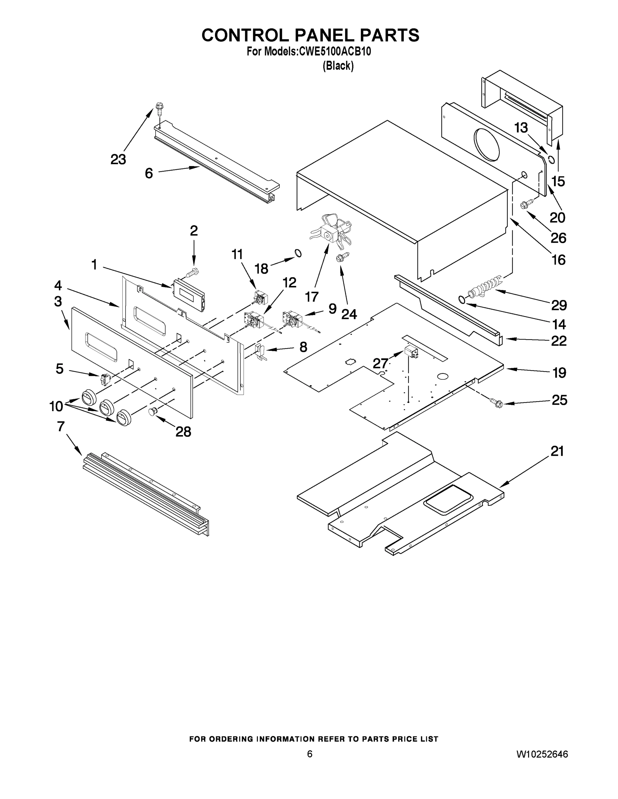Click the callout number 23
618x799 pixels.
coord(118,159)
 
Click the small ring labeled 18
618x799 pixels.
coord(298,253)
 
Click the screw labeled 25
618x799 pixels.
coord(496,403)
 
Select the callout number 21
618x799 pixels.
coord(557,451)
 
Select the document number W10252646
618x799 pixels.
coord(542,754)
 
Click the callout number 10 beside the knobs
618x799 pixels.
coord(56,406)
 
